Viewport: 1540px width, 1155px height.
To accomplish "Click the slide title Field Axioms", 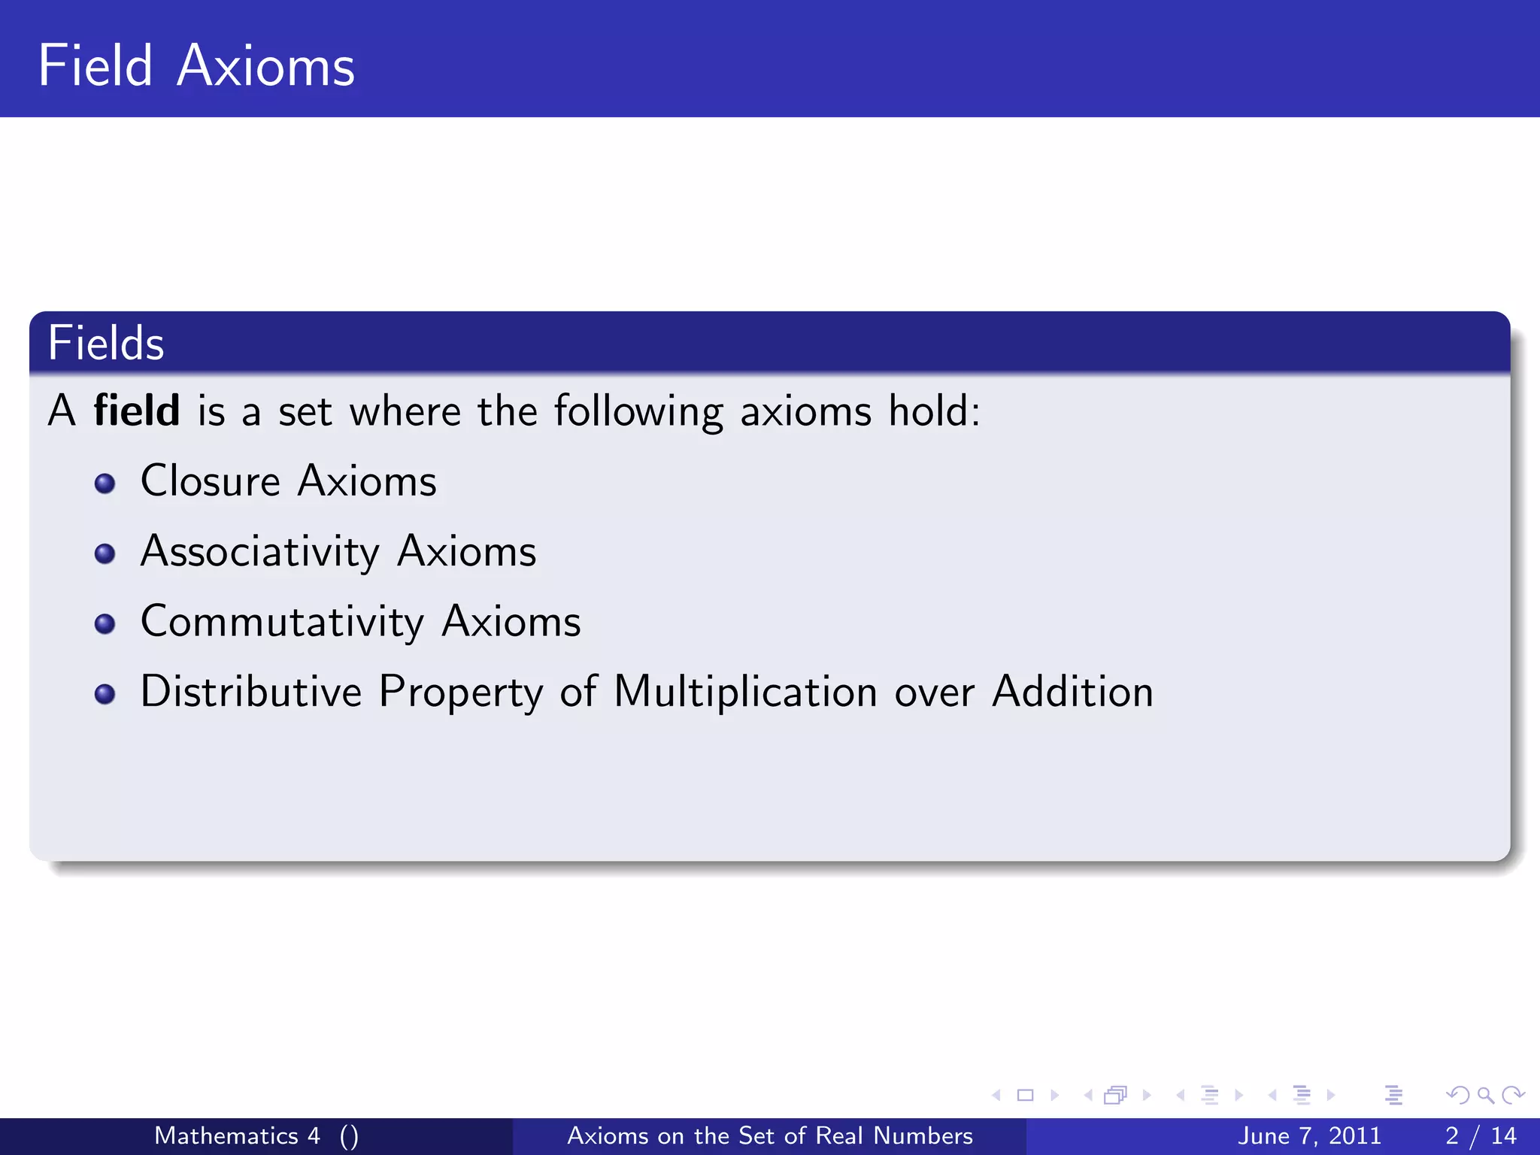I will [196, 66].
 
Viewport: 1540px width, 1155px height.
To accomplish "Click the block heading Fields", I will [105, 344].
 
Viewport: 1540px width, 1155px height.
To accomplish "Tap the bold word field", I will [136, 411].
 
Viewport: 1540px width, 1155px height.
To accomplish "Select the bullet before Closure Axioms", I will [105, 484].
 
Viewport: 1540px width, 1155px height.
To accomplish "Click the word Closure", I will [210, 481].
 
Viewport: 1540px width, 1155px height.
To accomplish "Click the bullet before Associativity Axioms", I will [105, 554].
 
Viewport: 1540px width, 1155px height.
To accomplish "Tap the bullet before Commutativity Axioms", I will [105, 624].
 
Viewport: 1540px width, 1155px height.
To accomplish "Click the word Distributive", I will [250, 692].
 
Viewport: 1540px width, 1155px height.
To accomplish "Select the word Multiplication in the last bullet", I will [744, 692].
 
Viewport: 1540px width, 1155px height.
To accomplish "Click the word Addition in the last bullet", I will [1072, 692].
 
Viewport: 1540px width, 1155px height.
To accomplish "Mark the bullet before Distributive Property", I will [105, 694].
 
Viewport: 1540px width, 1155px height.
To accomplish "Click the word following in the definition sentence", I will [638, 412].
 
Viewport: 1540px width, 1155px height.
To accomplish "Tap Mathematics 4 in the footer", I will [237, 1135].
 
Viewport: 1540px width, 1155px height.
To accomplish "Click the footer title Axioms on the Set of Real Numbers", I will [769, 1135].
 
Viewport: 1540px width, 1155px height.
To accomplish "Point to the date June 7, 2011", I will [1309, 1135].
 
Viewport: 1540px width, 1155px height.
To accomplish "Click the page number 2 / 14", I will [1480, 1135].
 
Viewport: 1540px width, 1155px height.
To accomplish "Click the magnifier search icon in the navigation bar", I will [1485, 1096].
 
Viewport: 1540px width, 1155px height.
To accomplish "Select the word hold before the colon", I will [928, 411].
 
